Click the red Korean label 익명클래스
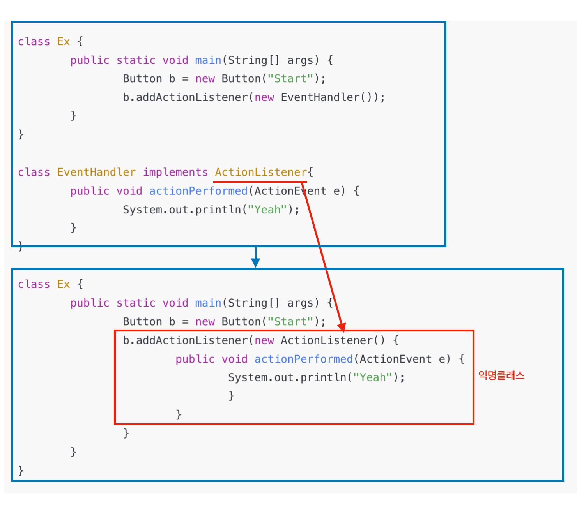click(x=501, y=375)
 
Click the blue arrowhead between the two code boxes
click(x=255, y=263)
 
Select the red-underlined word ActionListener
click(x=261, y=172)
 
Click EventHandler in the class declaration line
click(x=96, y=172)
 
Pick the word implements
click(x=175, y=172)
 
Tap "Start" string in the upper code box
click(x=290, y=79)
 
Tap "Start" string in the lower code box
click(x=290, y=322)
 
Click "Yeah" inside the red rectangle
click(x=372, y=377)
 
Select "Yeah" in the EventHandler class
click(x=267, y=210)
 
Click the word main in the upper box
click(x=208, y=60)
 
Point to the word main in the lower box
click(x=208, y=303)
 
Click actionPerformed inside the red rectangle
click(x=303, y=359)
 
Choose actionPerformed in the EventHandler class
click(x=198, y=191)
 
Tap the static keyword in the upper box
click(x=136, y=60)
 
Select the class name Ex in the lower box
click(x=64, y=284)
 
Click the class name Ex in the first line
click(x=64, y=42)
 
